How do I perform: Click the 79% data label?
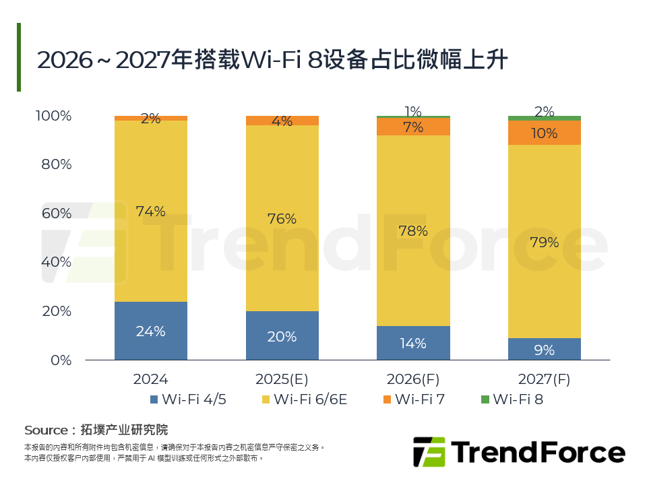544,243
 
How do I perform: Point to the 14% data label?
412,343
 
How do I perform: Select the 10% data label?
544,133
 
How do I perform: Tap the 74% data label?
150,212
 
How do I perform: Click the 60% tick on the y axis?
53,214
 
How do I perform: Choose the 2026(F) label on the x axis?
412,379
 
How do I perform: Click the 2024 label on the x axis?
150,379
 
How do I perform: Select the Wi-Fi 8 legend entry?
518,399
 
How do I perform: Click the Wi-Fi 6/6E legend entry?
310,399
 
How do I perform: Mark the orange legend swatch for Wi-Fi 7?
386,399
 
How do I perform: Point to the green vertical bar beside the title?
19,57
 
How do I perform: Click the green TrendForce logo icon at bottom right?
429,452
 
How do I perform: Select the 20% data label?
282,337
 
